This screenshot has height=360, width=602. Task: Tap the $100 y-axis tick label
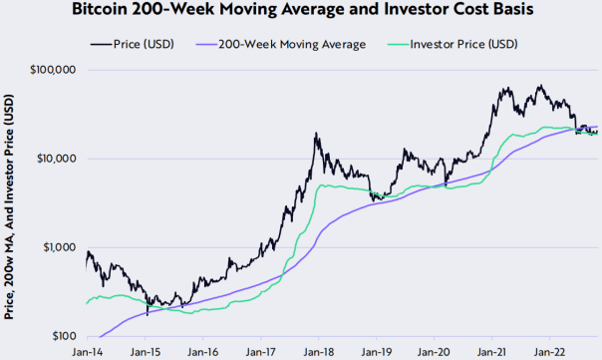tap(65, 336)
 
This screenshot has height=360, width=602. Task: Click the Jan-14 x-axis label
tap(87, 352)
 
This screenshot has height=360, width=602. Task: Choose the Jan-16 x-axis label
tap(202, 352)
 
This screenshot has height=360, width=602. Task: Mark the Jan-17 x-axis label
tap(260, 352)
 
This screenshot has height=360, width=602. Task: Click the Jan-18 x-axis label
tap(318, 352)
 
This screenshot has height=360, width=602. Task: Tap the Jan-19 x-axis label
tap(376, 352)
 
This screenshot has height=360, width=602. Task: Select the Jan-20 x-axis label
tap(434, 352)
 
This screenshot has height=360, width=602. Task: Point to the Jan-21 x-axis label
tap(491, 352)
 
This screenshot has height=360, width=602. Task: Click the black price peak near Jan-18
tap(316, 133)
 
